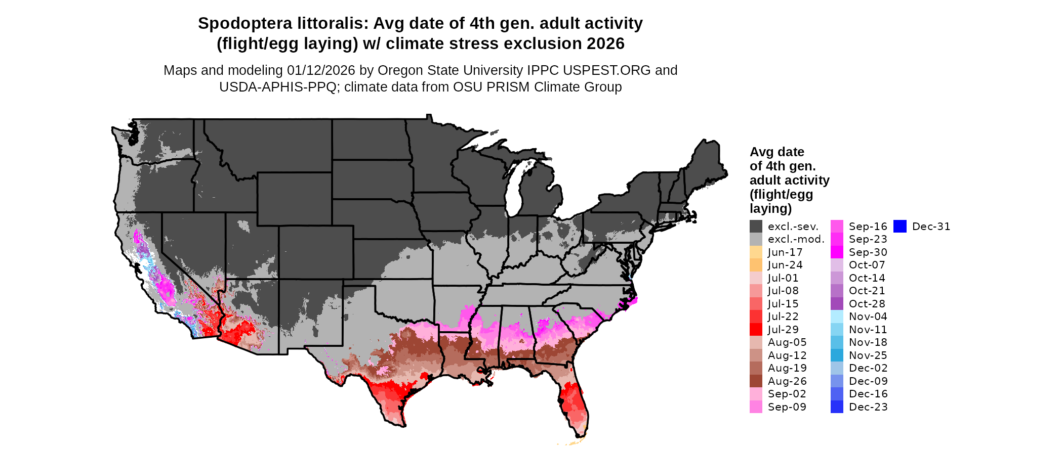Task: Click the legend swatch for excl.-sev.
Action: (756, 227)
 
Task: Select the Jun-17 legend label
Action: (785, 252)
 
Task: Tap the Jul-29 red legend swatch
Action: (756, 330)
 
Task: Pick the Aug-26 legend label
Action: (787, 381)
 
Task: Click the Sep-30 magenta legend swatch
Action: (837, 252)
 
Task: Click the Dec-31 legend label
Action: (931, 227)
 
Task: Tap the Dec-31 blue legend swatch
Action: (900, 227)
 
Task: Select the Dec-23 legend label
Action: (868, 407)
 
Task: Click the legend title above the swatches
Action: (789, 180)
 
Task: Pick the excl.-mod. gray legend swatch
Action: (756, 239)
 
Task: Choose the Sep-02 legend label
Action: (787, 394)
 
